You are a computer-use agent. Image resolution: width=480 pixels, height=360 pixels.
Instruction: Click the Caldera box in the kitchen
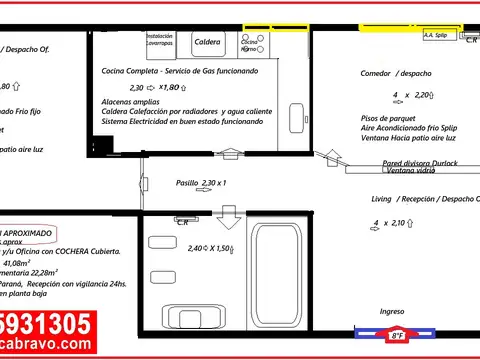tap(207, 42)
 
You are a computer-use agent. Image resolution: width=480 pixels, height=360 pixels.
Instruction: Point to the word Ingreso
tap(392, 311)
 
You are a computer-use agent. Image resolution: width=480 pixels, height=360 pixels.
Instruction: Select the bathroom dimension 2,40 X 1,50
tap(210, 247)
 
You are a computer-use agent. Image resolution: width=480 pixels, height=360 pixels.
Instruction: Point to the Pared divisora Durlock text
tap(420, 162)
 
